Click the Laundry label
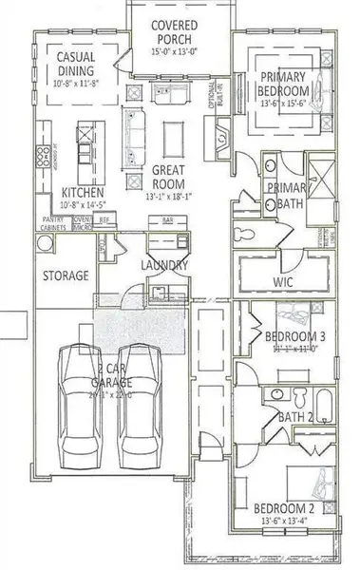tap(164, 266)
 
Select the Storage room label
tap(66, 275)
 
